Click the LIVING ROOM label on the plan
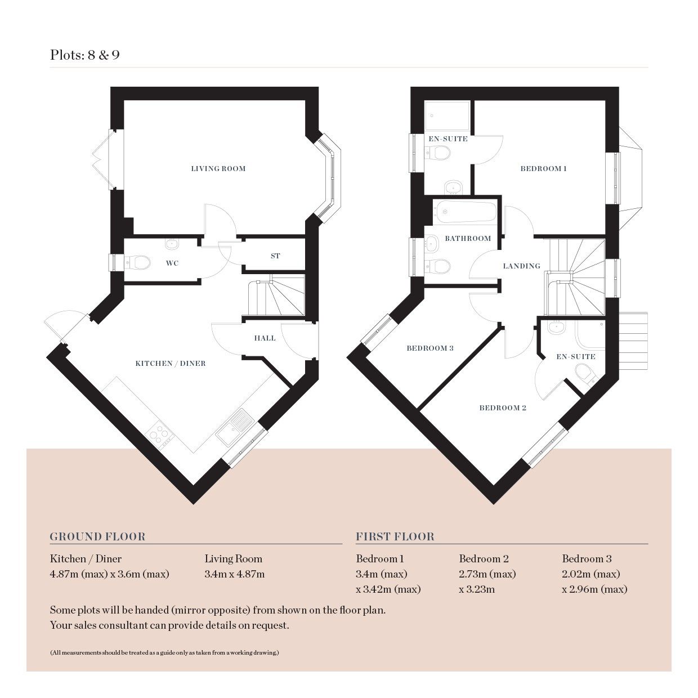point(218,168)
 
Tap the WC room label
point(172,263)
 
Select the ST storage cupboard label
point(275,256)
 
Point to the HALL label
point(265,338)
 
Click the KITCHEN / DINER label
point(171,364)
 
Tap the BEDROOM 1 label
point(543,168)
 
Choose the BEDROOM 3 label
point(430,348)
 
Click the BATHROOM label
point(468,239)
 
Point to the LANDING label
point(522,266)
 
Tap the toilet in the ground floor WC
point(137,262)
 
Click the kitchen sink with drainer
point(235,427)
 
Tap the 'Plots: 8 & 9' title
point(84,55)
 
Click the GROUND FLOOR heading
point(97,536)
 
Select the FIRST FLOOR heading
point(395,536)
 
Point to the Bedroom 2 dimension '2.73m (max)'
point(487,574)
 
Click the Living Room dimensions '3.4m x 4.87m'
point(234,574)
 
